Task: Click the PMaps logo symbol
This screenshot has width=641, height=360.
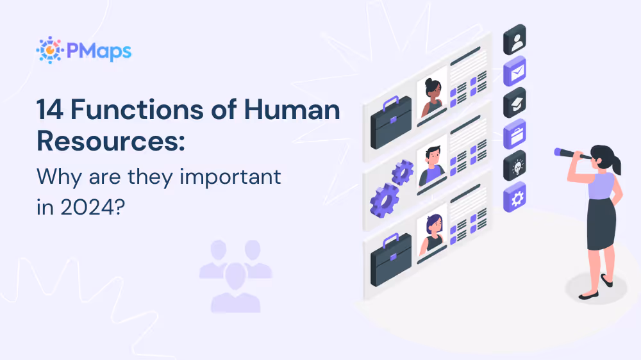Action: tap(49, 50)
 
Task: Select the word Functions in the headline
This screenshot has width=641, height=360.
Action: tap(136, 110)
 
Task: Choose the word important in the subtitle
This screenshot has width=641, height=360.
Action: tap(229, 176)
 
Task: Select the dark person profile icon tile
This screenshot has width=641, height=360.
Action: tap(515, 40)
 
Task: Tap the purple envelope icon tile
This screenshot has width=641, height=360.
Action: tap(515, 71)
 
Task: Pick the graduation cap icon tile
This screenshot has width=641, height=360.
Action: tap(515, 102)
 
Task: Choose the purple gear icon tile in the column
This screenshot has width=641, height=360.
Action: tap(515, 197)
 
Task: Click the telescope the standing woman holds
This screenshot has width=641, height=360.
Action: tap(572, 154)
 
